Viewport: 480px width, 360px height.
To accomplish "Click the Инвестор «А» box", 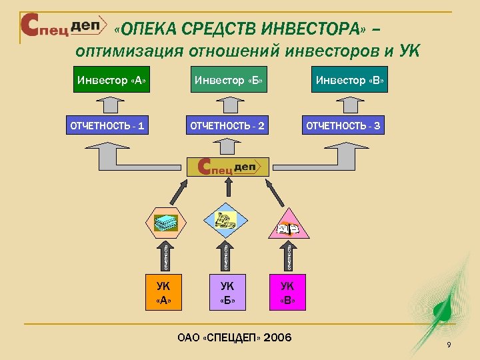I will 112,81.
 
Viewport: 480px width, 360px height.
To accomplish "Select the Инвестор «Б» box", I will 229,81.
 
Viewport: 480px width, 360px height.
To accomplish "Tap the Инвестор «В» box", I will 350,81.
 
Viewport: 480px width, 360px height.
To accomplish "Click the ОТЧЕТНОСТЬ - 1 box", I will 108,125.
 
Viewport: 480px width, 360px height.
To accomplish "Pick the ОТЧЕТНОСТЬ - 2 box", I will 228,125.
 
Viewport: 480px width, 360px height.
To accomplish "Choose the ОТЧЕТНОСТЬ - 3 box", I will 343,125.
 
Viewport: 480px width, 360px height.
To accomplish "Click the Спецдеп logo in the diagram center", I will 228,167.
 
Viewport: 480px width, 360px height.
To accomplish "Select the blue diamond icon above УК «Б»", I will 227,219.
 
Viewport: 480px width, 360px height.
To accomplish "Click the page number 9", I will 449,344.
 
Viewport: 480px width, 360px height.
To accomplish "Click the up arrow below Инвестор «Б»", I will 228,104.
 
